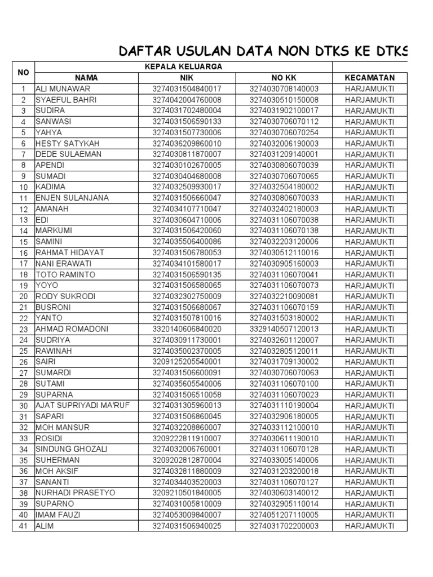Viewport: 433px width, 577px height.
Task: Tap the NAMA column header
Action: tap(86, 78)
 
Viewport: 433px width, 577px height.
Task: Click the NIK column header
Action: tap(187, 78)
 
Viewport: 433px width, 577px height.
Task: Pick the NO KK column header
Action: tap(284, 78)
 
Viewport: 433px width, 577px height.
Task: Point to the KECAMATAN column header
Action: tap(369, 78)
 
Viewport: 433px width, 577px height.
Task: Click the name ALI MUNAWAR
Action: tap(63, 89)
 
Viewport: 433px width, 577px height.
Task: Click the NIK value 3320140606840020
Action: tap(187, 329)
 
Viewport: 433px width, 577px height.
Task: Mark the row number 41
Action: tap(24, 526)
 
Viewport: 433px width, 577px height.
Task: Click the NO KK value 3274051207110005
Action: tap(284, 515)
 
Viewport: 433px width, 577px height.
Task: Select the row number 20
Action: tap(24, 296)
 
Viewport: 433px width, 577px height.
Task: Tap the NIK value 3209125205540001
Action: tap(187, 362)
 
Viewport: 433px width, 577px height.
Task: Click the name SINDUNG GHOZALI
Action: tap(71, 449)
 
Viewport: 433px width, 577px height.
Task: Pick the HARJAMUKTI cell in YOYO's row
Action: tap(369, 286)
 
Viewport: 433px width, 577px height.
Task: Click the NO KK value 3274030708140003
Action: tap(284, 89)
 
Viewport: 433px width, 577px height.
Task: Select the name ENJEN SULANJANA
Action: tap(72, 198)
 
